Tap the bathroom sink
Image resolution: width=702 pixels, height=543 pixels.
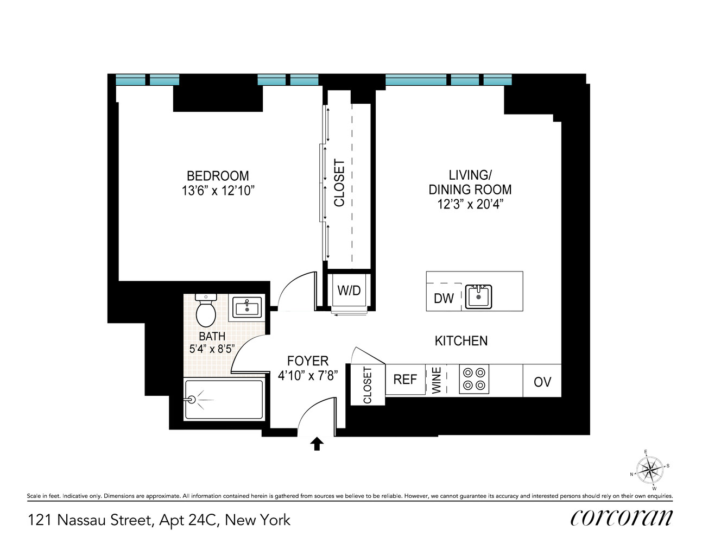coord(247,307)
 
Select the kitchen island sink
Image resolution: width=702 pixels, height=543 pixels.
coord(478,296)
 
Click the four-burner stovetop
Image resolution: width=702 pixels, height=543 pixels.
coord(474,379)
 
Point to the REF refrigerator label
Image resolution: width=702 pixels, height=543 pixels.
coord(405,380)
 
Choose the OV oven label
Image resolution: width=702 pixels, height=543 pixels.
coord(542,382)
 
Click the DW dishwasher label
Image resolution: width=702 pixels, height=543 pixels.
coord(444,298)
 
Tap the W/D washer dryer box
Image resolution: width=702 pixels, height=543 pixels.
coord(349,291)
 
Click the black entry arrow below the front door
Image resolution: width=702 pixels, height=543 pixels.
coord(317,444)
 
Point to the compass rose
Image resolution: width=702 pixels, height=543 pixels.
coord(649,469)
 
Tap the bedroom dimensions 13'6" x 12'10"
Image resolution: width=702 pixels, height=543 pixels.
coord(218,191)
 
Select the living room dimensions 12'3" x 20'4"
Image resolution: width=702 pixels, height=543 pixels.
coord(470,204)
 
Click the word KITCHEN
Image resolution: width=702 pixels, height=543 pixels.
coord(461,341)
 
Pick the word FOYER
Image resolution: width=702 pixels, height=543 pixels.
coord(308,361)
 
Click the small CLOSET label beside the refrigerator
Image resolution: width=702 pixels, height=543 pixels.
coord(368,385)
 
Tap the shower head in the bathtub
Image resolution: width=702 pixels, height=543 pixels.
coord(192,399)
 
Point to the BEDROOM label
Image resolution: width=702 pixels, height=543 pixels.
coord(218,176)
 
